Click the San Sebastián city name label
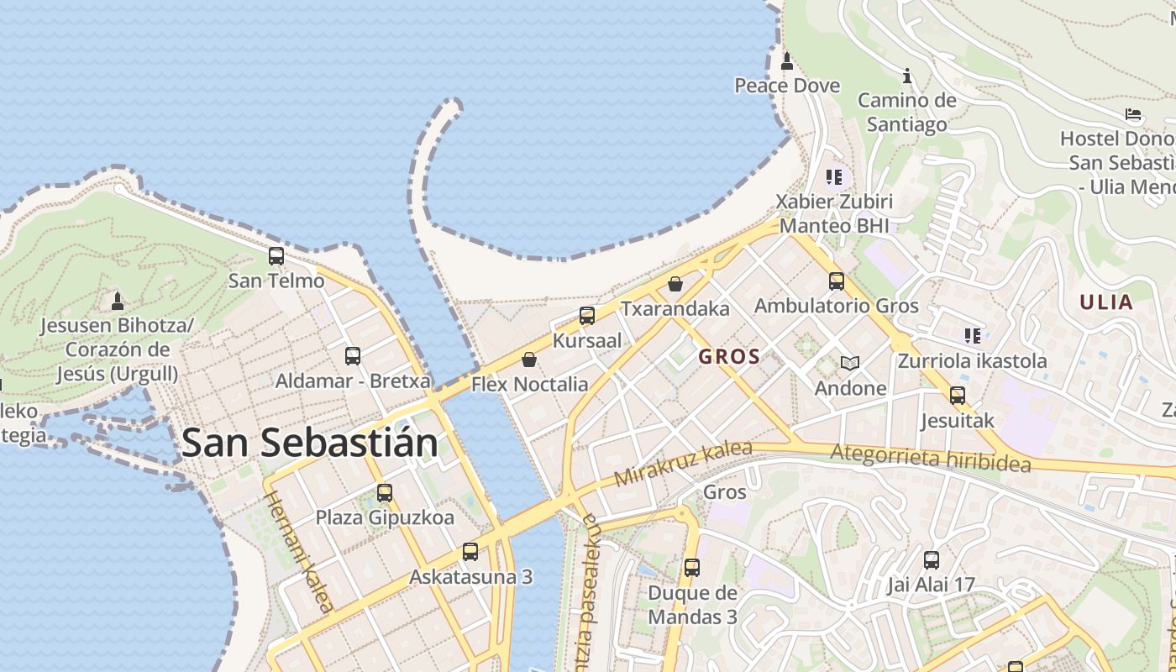pyautogui.click(x=309, y=443)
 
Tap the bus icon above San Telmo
pyautogui.click(x=276, y=256)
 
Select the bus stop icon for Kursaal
pyautogui.click(x=587, y=316)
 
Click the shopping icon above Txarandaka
pyautogui.click(x=675, y=284)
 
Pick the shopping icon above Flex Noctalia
pyautogui.click(x=529, y=360)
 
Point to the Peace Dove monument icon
pyautogui.click(x=787, y=60)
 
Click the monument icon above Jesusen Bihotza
pyautogui.click(x=118, y=301)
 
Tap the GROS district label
pyautogui.click(x=729, y=356)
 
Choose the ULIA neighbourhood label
pyautogui.click(x=1106, y=302)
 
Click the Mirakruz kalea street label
pyautogui.click(x=683, y=464)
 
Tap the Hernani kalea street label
pyautogui.click(x=301, y=552)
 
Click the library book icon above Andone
pyautogui.click(x=850, y=363)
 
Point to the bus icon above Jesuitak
pyautogui.click(x=958, y=396)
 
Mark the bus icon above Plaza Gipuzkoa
pyautogui.click(x=385, y=493)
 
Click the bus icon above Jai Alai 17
pyautogui.click(x=932, y=560)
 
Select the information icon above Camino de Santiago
pyautogui.click(x=907, y=76)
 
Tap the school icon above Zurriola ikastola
pyautogui.click(x=973, y=336)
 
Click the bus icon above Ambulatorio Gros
pyautogui.click(x=837, y=281)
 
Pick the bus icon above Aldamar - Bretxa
pyautogui.click(x=353, y=356)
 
